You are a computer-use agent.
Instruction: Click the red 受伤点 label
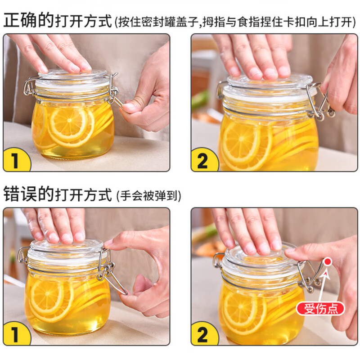320,308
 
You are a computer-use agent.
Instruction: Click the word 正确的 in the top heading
29,20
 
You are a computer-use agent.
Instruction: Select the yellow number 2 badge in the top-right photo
203,160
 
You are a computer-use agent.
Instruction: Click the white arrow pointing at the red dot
325,281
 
